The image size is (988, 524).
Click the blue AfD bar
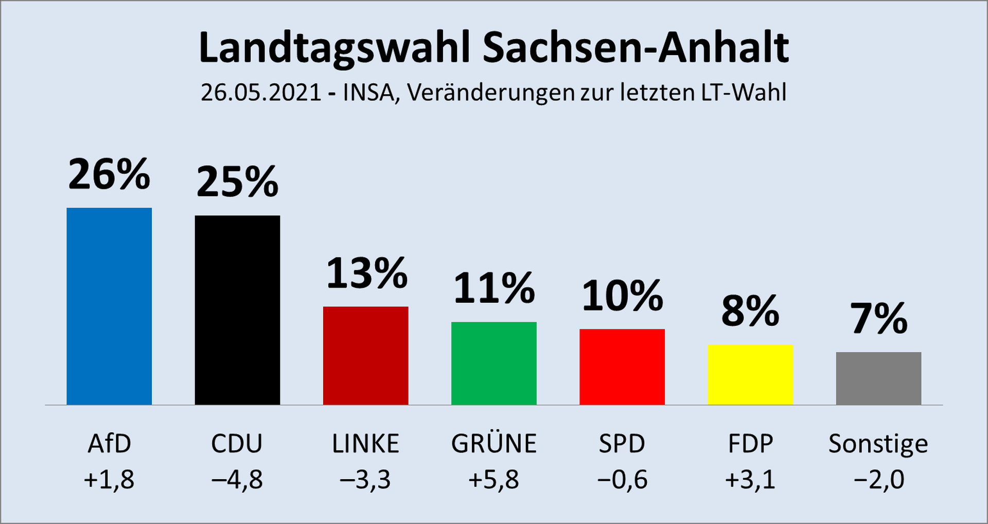[109, 306]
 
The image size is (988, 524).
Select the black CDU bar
[237, 310]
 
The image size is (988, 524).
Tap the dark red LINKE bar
[365, 356]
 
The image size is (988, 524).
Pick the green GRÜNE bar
[494, 363]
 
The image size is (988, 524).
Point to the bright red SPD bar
[622, 366]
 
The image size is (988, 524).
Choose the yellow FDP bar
[750, 374]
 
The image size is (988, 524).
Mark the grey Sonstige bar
[878, 378]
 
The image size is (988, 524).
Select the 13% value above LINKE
[366, 273]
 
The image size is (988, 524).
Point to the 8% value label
[750, 311]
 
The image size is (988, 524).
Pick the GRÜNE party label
[494, 444]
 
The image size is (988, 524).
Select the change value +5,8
[493, 480]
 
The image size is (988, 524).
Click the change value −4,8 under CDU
[237, 480]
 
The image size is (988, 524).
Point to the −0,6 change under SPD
[622, 480]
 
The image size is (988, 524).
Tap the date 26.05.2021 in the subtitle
[261, 93]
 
